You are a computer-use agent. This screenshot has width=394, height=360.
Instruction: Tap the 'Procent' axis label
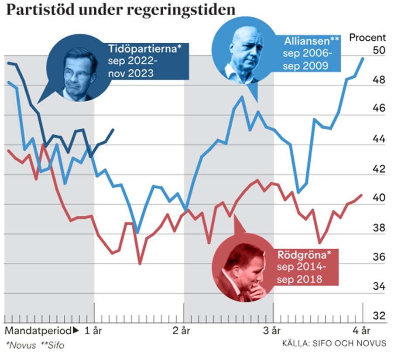(x=368, y=38)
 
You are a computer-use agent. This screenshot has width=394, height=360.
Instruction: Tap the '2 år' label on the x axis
(x=184, y=330)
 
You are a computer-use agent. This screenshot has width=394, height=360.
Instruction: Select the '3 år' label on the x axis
(x=274, y=330)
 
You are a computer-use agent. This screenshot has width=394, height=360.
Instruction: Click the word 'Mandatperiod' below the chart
(x=39, y=330)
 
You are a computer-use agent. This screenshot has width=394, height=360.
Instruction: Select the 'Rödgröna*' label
(x=299, y=254)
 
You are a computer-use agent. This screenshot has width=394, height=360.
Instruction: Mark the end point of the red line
(x=362, y=195)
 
